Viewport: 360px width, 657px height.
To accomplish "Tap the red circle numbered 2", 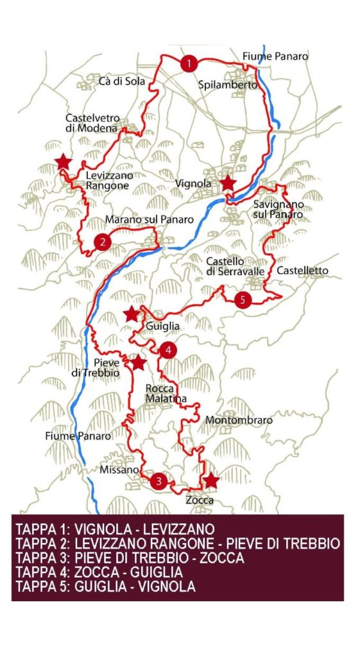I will pos(101,241).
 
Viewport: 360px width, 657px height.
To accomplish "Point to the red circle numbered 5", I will pos(242,299).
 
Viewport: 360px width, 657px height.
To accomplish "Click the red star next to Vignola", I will pos(227,183).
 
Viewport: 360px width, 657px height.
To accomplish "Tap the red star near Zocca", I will pos(210,481).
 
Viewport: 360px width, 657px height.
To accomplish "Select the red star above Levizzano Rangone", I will pos(63,162).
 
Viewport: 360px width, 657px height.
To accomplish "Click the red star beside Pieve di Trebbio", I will pos(138,363).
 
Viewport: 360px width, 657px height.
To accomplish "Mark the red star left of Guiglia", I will pos(132,314).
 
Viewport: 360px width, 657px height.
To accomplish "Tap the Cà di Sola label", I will pos(122,81).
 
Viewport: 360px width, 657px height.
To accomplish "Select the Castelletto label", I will pos(302,271).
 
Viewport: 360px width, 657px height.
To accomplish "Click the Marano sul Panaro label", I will pos(149,219).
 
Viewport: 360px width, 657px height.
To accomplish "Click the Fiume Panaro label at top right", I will pos(275,56).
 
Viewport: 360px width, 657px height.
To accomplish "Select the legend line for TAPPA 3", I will pos(130,558).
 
